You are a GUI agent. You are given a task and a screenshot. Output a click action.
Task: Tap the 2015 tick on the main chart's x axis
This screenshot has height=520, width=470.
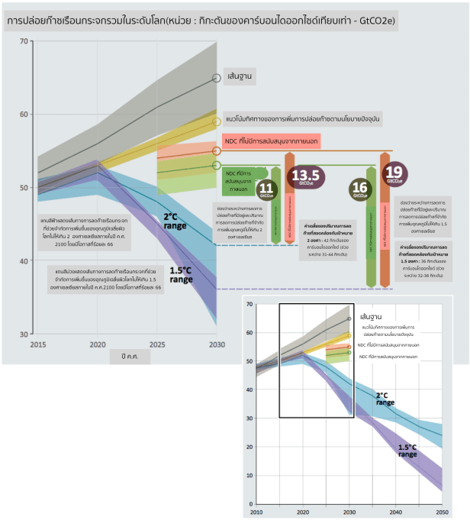[37, 346]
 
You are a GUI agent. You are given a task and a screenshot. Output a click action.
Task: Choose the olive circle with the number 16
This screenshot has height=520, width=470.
[359, 189]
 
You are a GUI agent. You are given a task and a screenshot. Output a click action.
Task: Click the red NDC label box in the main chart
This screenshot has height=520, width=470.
[270, 141]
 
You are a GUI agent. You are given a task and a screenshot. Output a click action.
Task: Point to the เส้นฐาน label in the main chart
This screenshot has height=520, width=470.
[240, 77]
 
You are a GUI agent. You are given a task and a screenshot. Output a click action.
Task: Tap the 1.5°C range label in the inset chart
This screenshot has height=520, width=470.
[407, 451]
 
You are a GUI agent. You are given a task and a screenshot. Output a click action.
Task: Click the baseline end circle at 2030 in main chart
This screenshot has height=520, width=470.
[217, 78]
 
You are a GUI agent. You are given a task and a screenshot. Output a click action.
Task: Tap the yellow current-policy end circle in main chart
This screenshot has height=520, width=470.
[217, 121]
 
